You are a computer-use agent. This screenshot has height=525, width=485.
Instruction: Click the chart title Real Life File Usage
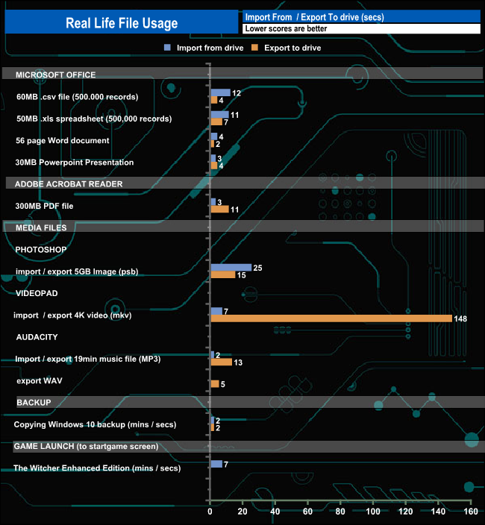[x=122, y=23]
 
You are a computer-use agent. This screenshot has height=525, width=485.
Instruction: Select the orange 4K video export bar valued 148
[x=331, y=318]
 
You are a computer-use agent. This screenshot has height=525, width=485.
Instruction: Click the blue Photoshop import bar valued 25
[x=231, y=267]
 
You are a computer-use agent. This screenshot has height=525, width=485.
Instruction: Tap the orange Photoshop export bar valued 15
[x=222, y=275]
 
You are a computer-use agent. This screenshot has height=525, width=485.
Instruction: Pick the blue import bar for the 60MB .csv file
[x=220, y=92]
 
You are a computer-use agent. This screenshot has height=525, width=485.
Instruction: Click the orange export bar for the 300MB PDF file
[x=219, y=210]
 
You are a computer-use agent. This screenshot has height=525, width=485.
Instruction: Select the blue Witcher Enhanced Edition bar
[x=216, y=464]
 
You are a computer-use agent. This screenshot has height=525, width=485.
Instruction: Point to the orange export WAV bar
[x=215, y=384]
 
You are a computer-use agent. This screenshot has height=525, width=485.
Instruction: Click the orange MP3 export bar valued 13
[x=221, y=362]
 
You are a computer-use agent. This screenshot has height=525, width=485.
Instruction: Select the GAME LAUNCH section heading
[x=86, y=446]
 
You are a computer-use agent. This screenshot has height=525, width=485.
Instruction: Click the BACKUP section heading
[x=34, y=402]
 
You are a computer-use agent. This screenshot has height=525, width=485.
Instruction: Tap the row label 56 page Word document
[x=63, y=140]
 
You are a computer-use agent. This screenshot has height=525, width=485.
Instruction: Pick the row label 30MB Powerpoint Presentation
[x=75, y=162]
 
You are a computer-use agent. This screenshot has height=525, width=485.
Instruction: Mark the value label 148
[x=460, y=319]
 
